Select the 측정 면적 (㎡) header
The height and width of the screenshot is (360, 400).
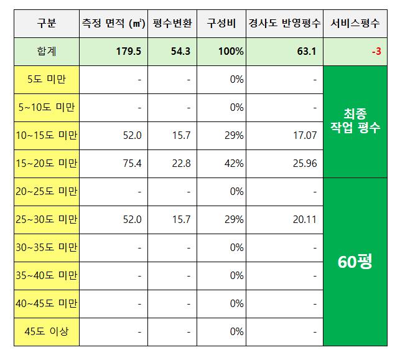(x=113, y=24)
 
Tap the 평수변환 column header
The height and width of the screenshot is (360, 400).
(x=172, y=24)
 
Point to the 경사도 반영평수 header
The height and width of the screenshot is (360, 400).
(x=285, y=24)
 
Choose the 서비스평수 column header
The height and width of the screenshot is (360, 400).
(x=357, y=24)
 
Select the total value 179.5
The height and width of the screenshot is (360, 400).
(x=129, y=51)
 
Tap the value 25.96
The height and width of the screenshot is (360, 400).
(x=304, y=163)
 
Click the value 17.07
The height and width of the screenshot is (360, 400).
(x=304, y=135)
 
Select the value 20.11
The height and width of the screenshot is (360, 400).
(x=304, y=219)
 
